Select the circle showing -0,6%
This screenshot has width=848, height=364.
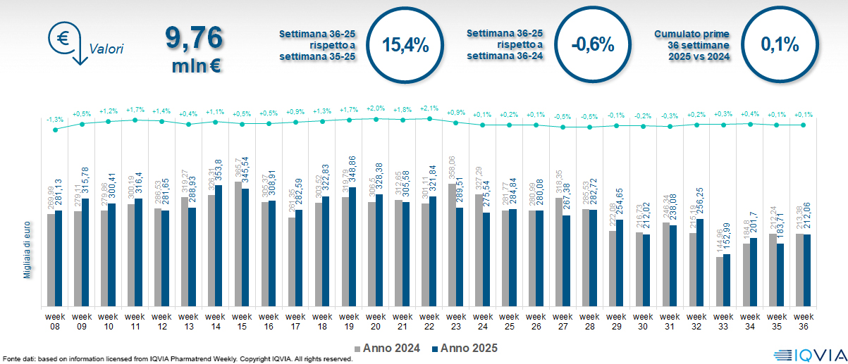coord(593,45)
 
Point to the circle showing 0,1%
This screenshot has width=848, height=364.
coord(780,45)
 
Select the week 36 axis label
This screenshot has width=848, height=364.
coord(803,321)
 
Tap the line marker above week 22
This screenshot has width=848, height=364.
coord(429,119)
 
